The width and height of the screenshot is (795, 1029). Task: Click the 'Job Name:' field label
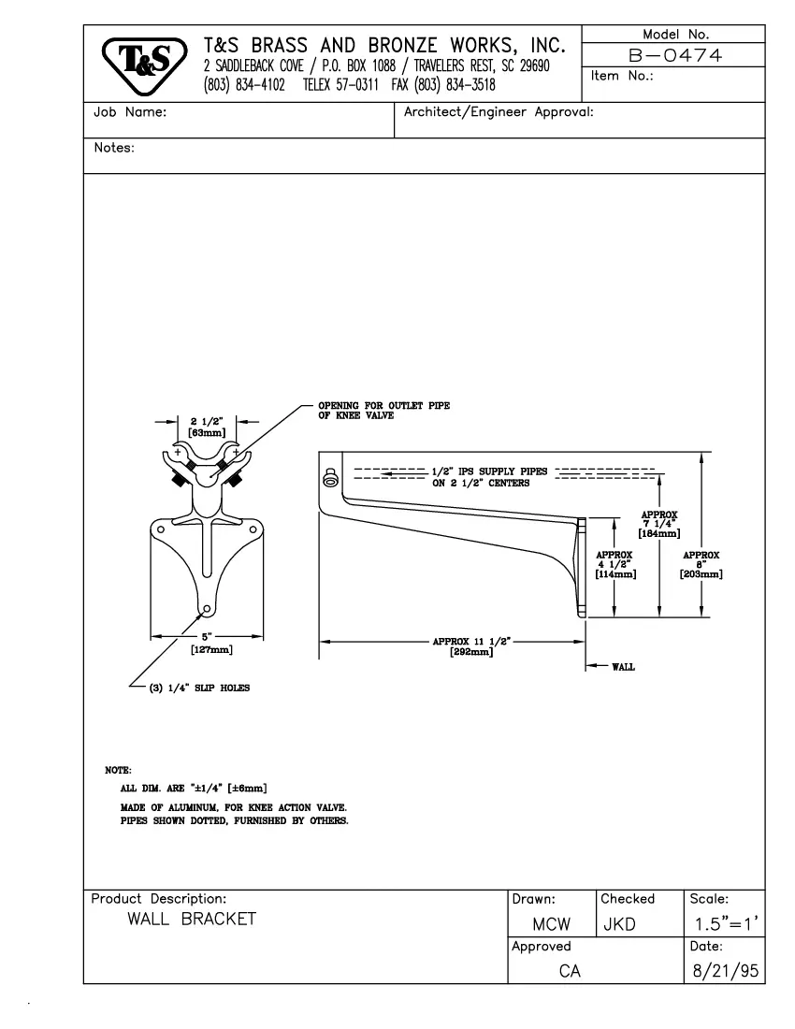(x=130, y=112)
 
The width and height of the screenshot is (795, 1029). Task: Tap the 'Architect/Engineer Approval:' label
(x=499, y=112)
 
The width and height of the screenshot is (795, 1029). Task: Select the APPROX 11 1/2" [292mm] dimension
(x=465, y=646)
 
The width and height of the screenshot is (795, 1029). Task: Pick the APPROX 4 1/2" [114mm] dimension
(x=614, y=564)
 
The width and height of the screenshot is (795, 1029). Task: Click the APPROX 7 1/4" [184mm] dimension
(x=658, y=524)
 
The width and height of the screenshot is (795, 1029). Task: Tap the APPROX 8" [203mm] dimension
(x=701, y=564)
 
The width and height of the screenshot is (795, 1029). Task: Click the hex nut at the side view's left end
(x=330, y=479)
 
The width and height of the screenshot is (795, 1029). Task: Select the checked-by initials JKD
(x=620, y=925)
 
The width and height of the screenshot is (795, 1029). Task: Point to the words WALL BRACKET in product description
(x=192, y=919)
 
